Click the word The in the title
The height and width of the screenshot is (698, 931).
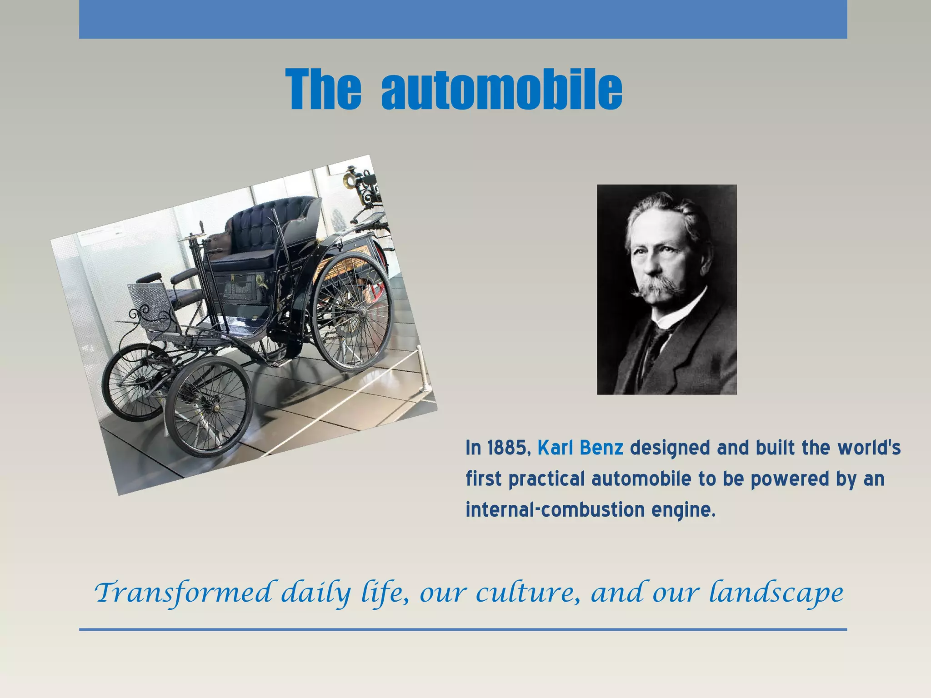pyautogui.click(x=324, y=90)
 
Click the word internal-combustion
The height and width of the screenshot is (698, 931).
pyautogui.click(x=555, y=510)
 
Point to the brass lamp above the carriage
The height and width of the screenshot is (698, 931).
pyautogui.click(x=351, y=179)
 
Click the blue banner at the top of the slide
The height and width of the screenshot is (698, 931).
pyautogui.click(x=463, y=19)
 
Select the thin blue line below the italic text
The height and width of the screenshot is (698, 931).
pyautogui.click(x=463, y=629)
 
